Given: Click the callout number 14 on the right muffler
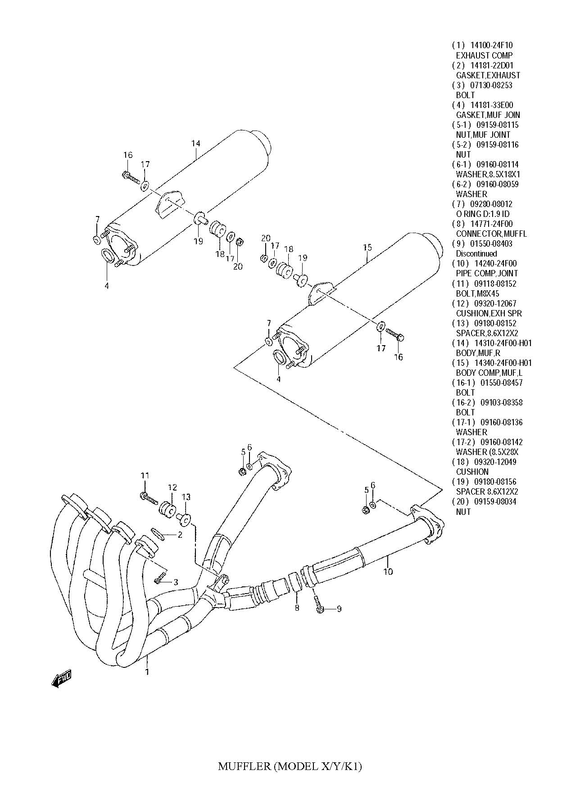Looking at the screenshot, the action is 195,144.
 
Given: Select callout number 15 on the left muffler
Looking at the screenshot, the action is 367,247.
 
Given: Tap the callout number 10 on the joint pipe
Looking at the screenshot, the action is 388,572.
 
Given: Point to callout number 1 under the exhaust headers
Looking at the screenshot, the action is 147,672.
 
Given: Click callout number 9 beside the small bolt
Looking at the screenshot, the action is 339,609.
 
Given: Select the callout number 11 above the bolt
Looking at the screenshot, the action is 145,476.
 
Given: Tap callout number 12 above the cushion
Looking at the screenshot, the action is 172,488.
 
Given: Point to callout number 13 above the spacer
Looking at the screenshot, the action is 186,497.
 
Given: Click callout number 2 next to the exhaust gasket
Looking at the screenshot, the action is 180,535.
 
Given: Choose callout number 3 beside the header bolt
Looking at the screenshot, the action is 176,582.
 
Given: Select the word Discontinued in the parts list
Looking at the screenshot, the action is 476,254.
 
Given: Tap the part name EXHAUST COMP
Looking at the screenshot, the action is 484,55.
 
